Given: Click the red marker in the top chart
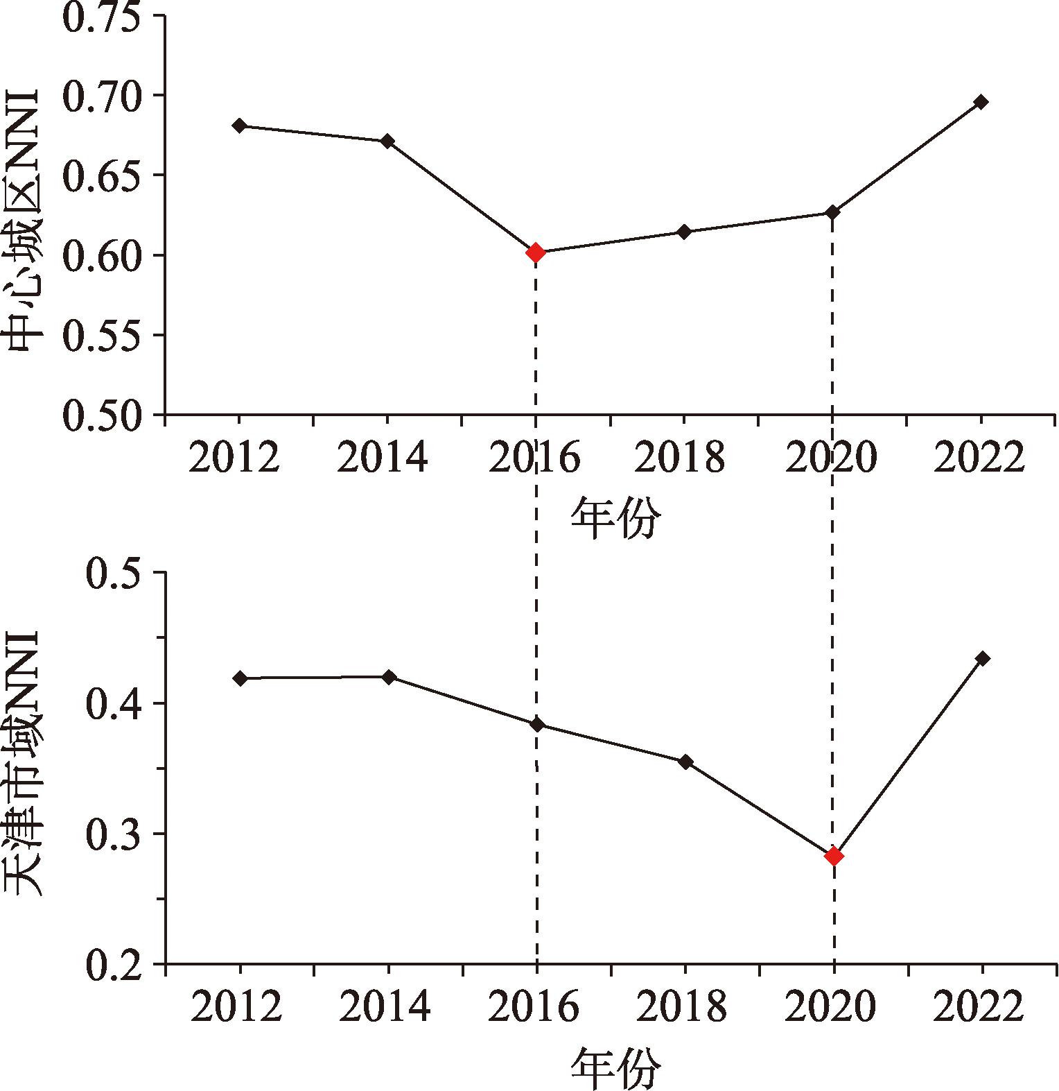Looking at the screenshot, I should tap(535, 252).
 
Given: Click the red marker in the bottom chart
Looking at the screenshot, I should tap(834, 857).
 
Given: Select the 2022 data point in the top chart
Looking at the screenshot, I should tap(981, 102).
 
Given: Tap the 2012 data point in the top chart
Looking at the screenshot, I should tap(240, 126).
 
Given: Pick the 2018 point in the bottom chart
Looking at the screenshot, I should tap(685, 762).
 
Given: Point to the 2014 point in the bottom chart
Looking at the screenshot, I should tap(389, 677).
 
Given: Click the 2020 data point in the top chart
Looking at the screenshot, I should tap(833, 212).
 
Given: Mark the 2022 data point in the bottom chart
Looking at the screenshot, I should tap(982, 658).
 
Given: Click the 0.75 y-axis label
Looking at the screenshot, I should tap(108, 17).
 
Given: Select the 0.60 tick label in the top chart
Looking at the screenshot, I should tap(108, 255).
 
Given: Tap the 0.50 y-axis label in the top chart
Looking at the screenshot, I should tap(108, 415).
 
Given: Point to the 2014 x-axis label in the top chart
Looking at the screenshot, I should tap(383, 458).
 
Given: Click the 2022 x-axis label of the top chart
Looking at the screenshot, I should tap(978, 458).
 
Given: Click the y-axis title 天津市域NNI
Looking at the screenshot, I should tap(26, 763).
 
